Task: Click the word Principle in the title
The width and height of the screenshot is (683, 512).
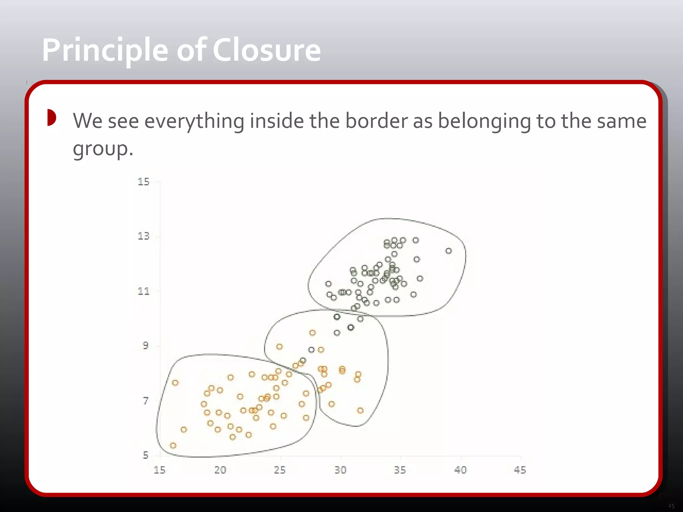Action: pos(105,51)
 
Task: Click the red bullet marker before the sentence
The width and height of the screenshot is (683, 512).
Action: pos(51,118)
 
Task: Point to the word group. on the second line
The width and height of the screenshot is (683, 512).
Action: pos(103,149)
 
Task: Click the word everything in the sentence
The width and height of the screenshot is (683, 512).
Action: pos(194,121)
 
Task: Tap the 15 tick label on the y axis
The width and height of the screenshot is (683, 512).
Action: pos(144,182)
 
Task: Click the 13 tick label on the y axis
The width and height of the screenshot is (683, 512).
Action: pos(144,236)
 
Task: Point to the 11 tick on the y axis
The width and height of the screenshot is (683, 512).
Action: pos(144,291)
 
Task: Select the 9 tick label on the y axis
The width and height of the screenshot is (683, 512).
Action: pos(146,346)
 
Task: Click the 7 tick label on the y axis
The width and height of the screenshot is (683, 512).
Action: pos(146,401)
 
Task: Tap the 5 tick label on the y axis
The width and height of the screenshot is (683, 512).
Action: pos(146,455)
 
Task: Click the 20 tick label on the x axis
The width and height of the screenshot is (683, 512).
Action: pos(220,470)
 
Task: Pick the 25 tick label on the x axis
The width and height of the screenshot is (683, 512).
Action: pos(280,470)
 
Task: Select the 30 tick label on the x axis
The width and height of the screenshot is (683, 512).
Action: pos(340,470)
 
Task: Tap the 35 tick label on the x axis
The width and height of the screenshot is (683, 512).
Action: pos(400,470)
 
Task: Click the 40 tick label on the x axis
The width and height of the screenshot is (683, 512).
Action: pos(460,470)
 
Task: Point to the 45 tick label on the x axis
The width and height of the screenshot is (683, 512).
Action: pos(520,470)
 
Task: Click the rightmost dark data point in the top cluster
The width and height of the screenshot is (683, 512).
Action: pos(449,251)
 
